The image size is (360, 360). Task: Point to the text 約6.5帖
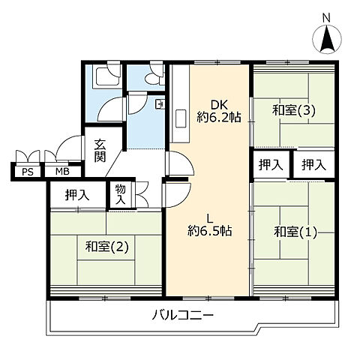pos(209,232)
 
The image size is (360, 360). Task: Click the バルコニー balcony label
pos(184,316)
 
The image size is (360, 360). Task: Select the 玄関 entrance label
pos(100,151)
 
